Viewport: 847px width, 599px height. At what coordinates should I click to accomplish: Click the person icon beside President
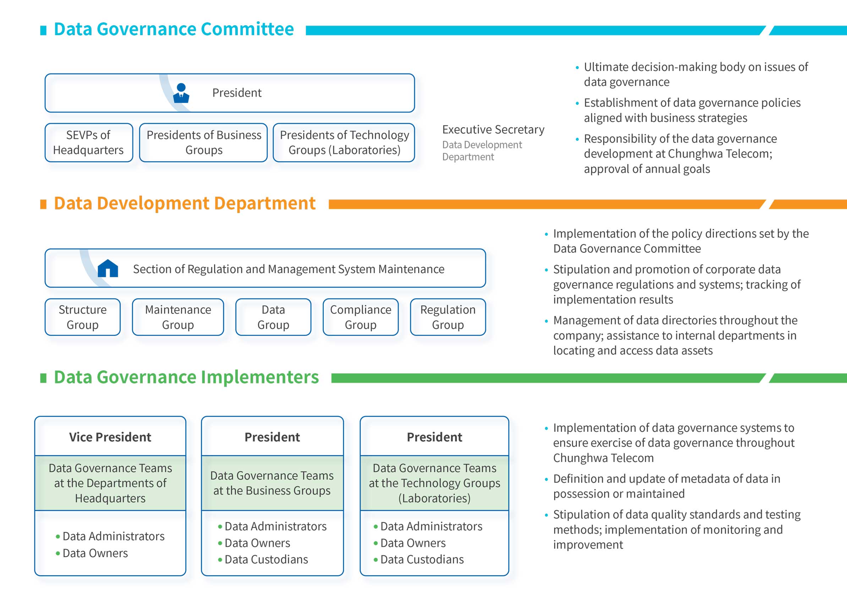(x=181, y=93)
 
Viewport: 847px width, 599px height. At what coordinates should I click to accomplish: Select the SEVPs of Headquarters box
(x=88, y=142)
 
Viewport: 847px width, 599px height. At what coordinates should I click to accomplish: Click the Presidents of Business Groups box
(x=204, y=142)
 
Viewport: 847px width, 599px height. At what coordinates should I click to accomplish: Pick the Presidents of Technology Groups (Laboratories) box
(x=344, y=142)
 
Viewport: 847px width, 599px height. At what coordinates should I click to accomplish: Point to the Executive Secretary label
(x=493, y=130)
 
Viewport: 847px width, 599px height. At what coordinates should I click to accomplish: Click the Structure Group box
(x=83, y=317)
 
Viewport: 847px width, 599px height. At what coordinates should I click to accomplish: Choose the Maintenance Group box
(x=178, y=317)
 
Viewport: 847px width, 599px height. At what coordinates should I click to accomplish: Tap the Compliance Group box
(x=360, y=317)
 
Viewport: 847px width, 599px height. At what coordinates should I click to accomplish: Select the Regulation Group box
(x=448, y=317)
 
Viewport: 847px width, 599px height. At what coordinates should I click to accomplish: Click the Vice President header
(x=110, y=437)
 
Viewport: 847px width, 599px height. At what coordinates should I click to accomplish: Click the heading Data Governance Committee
(x=174, y=29)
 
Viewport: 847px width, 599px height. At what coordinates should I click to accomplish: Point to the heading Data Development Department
(x=185, y=203)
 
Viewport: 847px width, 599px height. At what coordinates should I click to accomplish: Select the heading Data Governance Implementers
(x=186, y=377)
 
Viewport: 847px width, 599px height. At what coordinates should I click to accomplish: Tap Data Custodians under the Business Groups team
(x=266, y=560)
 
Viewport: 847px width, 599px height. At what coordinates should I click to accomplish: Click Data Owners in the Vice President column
(x=95, y=553)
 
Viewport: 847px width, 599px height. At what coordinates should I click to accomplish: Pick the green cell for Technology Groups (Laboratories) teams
(x=435, y=483)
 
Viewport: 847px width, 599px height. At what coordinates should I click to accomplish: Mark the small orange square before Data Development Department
(x=43, y=204)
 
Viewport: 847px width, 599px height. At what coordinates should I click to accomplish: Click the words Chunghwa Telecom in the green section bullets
(x=603, y=458)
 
